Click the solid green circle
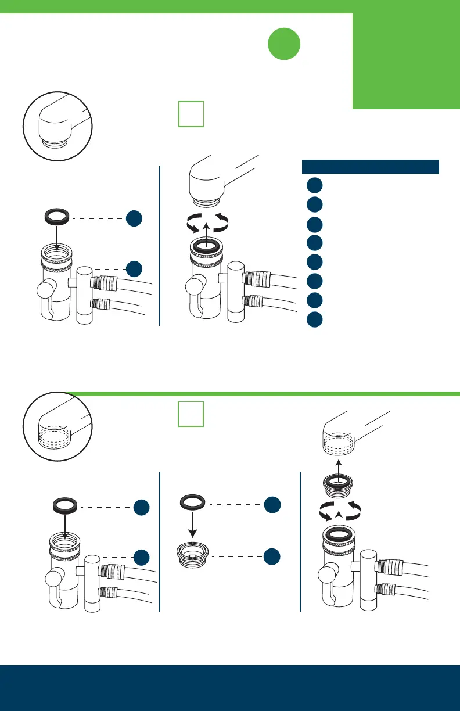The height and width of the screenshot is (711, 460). click(284, 44)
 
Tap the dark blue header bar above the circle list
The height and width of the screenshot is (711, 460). click(370, 166)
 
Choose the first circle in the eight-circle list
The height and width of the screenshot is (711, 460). click(314, 185)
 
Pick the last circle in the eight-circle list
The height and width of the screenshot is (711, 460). click(314, 319)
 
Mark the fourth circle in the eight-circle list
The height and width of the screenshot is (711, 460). click(314, 243)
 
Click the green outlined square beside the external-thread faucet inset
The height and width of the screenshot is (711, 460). click(191, 114)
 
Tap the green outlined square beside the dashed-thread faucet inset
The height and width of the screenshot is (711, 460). click(191, 414)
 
